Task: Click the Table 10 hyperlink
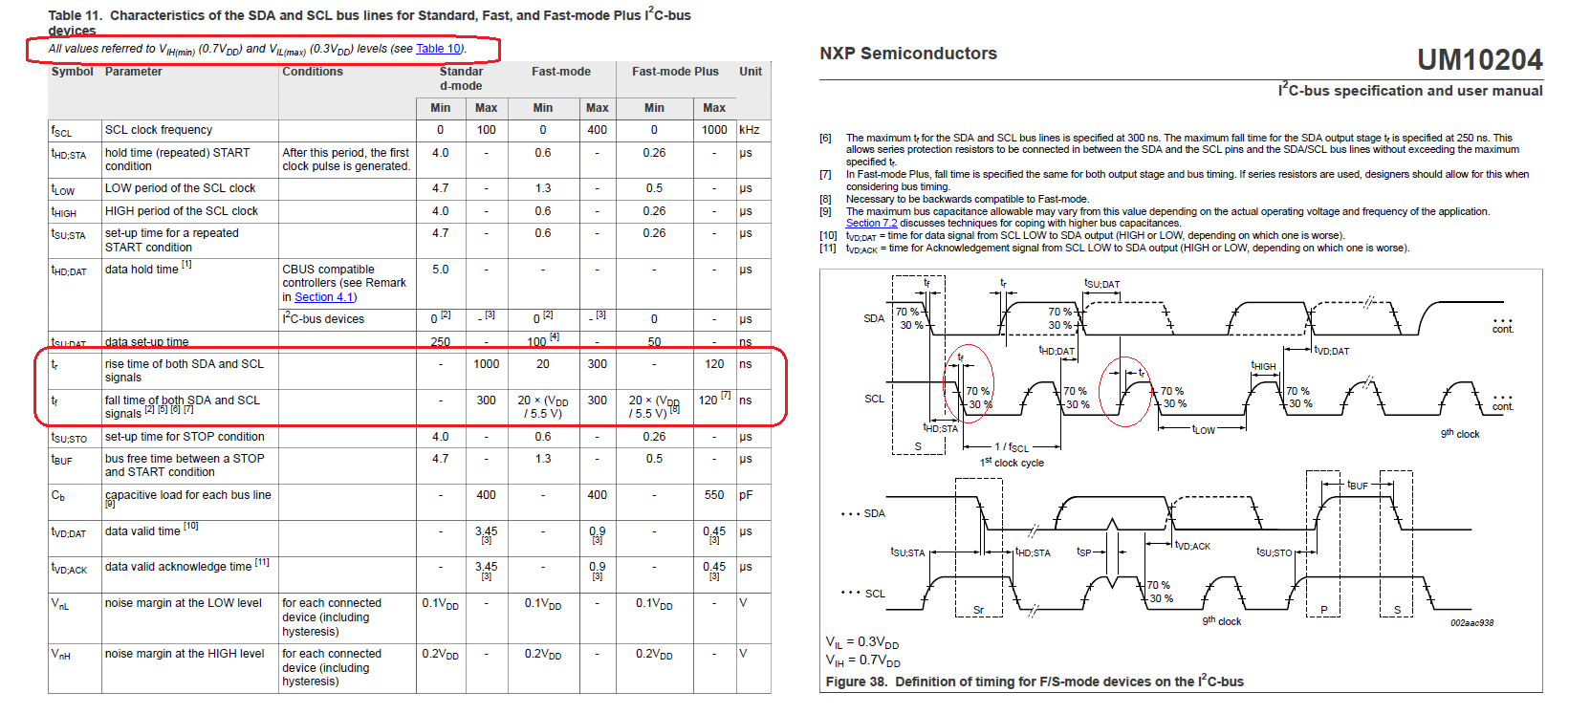(x=439, y=49)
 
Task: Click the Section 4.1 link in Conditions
(x=325, y=297)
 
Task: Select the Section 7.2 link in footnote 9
(x=871, y=224)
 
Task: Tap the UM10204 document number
(x=1479, y=60)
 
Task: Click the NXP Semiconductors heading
(x=907, y=54)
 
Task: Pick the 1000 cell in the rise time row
(x=486, y=364)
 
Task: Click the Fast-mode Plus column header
(x=675, y=72)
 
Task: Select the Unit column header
(x=751, y=72)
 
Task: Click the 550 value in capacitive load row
(x=714, y=495)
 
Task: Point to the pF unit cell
(x=746, y=495)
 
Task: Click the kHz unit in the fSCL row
(x=749, y=130)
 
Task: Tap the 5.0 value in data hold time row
(x=440, y=270)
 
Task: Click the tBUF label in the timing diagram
(x=1357, y=486)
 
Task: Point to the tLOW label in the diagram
(x=1203, y=430)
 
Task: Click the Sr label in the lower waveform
(x=978, y=610)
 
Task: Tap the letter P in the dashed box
(x=1323, y=610)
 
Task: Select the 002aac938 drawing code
(x=1471, y=623)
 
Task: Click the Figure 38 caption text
(x=1035, y=682)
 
